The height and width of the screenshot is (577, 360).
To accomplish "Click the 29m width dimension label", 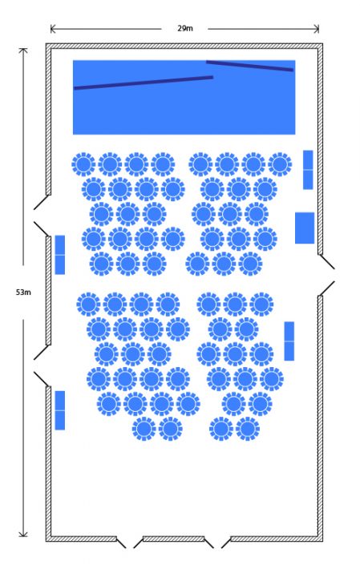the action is (184, 28).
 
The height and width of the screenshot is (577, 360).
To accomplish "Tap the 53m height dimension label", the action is (23, 293).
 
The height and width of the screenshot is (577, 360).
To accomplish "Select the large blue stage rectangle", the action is (184, 97).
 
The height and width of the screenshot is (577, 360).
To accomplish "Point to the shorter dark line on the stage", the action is (249, 66).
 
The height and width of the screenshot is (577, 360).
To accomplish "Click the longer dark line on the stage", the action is (144, 83).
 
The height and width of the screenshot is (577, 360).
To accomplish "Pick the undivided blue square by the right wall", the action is (305, 228).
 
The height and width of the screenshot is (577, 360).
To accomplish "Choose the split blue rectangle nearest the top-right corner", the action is (308, 170).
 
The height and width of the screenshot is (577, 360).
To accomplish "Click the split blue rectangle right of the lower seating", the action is (289, 341).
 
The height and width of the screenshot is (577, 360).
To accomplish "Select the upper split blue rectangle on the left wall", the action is (60, 255).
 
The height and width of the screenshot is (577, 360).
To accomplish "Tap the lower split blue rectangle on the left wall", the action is (60, 410).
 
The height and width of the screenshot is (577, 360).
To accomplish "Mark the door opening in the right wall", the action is (326, 275).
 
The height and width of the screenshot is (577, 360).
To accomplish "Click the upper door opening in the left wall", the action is (41, 216).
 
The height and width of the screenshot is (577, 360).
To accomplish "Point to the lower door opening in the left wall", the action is (41, 365).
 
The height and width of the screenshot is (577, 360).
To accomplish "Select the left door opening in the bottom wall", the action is (130, 543).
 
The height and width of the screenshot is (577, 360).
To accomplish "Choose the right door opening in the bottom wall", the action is (217, 543).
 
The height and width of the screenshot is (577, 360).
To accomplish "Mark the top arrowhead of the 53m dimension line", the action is (23, 50).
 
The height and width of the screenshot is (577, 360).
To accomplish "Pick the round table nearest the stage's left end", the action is (83, 164).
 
